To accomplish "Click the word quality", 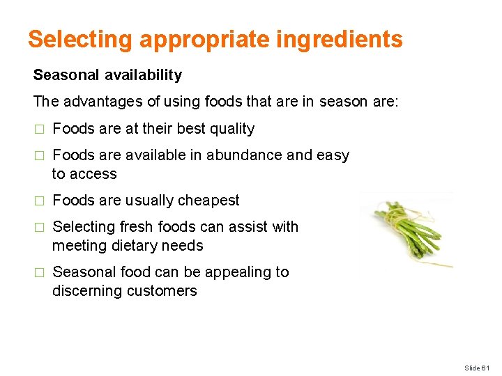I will (x=231, y=129).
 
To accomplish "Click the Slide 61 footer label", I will (x=478, y=367).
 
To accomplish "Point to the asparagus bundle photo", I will (x=408, y=230).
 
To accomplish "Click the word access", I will (x=94, y=174).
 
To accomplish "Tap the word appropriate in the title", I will (x=204, y=39).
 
